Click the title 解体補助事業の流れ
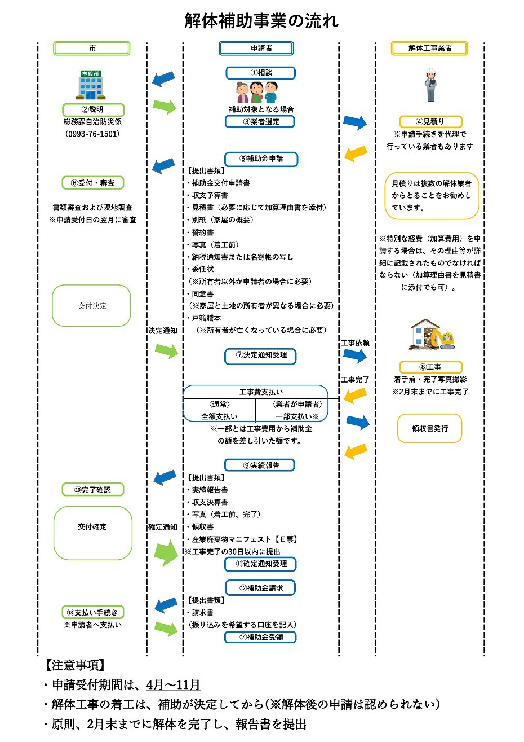[261, 21]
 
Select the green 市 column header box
[92, 49]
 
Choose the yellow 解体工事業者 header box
[429, 49]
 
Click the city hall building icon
[90, 85]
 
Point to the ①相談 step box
[261, 73]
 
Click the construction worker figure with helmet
[431, 85]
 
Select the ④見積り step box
[430, 121]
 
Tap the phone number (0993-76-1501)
[92, 134]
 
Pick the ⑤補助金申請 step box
[261, 159]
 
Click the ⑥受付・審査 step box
[92, 183]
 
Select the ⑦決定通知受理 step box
[261, 355]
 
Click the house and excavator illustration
[432, 335]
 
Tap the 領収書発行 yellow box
[429, 429]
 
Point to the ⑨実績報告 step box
[261, 466]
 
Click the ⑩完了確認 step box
[92, 490]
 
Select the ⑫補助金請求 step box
[261, 588]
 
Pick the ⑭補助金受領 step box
[261, 637]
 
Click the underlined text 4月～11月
[174, 685]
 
